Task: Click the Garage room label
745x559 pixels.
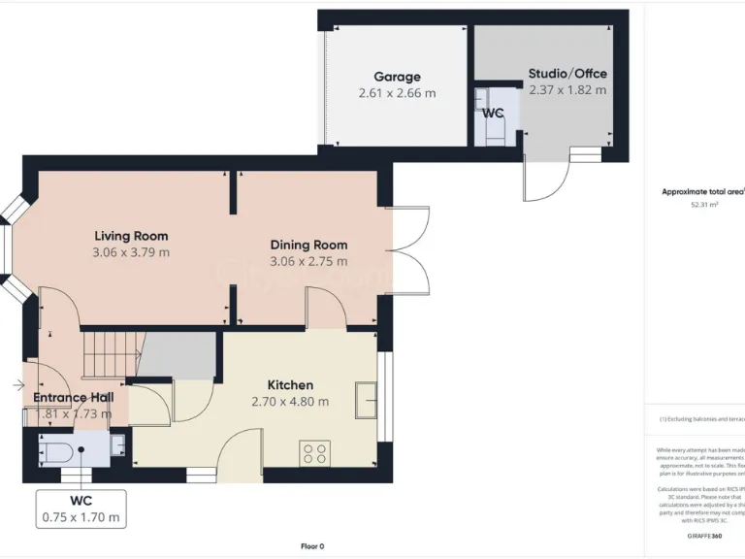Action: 397,77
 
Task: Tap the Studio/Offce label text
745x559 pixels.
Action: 567,73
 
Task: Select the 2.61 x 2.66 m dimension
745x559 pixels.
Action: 397,93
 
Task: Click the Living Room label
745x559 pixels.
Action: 131,236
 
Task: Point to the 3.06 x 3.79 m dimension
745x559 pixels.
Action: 131,252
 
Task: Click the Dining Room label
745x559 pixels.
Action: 308,245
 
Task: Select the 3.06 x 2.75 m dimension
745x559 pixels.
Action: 308,261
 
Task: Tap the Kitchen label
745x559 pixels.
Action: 290,385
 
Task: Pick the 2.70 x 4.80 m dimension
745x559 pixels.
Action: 290,402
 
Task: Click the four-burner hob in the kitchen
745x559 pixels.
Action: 315,453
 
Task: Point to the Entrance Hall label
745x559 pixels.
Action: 73,398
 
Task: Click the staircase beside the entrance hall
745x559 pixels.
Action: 111,352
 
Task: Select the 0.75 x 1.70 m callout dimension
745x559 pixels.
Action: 81,517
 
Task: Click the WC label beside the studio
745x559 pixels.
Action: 493,114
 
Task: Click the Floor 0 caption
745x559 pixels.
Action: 312,545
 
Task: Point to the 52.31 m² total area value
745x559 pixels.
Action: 703,205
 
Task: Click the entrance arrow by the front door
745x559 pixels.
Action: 19,385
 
